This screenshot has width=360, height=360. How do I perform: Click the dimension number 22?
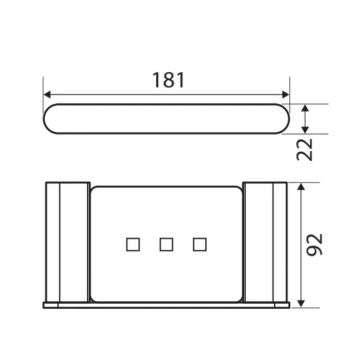[x=305, y=149]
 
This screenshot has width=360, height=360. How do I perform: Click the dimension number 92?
[x=316, y=244]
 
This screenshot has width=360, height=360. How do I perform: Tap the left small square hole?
[x=132, y=244]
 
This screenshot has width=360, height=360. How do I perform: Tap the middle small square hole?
[x=166, y=244]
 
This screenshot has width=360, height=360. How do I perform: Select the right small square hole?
[x=200, y=244]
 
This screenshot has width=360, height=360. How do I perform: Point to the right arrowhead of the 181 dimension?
[x=286, y=95]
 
